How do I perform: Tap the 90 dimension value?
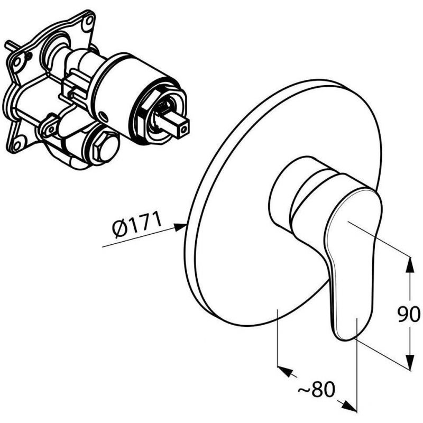tap(409, 314)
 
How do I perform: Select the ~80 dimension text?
tap(316, 389)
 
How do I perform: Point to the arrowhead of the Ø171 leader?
tap(180, 227)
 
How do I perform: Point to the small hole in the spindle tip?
tap(184, 130)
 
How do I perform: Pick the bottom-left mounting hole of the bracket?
tap(16, 146)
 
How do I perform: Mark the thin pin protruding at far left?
tap(11, 45)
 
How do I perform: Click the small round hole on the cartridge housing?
tap(104, 117)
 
